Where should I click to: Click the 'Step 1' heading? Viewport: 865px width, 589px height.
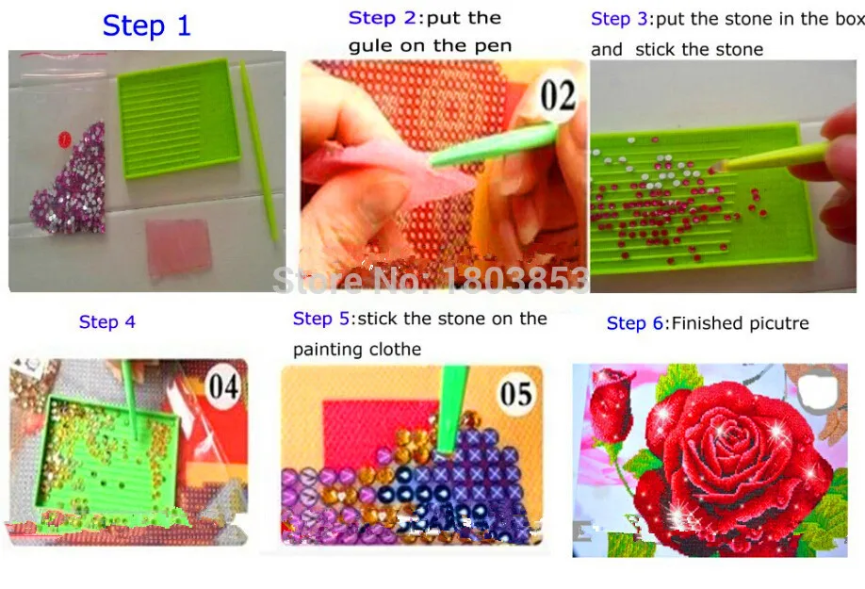(147, 26)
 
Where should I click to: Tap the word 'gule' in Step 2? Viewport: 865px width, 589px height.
(371, 46)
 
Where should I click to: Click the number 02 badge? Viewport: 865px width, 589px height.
(558, 96)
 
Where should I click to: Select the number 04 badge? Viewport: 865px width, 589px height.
(223, 386)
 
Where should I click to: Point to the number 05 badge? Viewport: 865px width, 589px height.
(516, 393)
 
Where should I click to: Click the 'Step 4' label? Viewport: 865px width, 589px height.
(107, 321)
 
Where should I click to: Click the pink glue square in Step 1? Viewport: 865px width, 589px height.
(178, 247)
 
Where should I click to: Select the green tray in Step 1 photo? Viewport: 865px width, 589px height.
(179, 119)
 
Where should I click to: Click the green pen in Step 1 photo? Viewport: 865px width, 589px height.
(258, 152)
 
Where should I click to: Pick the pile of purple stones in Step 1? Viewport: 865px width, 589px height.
(70, 181)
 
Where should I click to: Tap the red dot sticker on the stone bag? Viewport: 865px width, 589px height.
(64, 139)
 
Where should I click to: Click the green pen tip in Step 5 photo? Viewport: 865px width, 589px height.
(446, 448)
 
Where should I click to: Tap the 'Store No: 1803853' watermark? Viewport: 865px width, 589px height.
(432, 280)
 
